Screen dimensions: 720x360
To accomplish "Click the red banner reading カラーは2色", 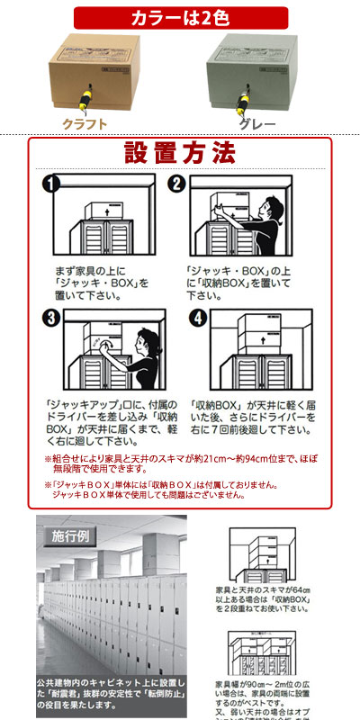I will [x=179, y=17].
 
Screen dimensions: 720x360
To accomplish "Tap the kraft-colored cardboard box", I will [x=90, y=75].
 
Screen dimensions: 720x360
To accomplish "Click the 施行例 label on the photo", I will [x=67, y=536].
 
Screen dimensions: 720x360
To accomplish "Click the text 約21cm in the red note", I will [x=246, y=459].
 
